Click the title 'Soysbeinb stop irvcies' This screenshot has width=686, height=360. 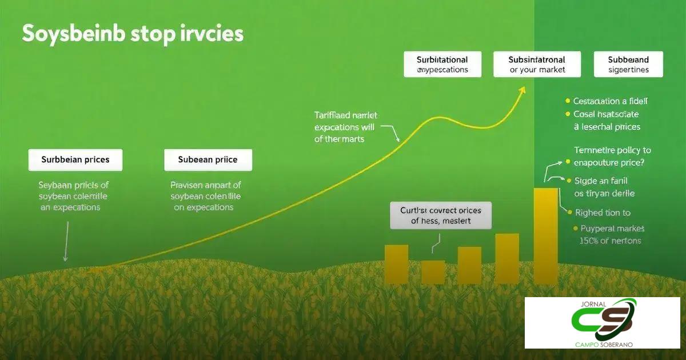[133, 34]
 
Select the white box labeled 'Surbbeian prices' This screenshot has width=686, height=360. [75, 160]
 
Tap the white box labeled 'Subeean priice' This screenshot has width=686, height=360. [208, 160]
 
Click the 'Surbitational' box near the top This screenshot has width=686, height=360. [442, 64]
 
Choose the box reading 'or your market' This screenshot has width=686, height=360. [537, 64]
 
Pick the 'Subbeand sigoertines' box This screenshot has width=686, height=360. [628, 64]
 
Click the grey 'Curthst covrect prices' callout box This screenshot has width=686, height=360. [440, 215]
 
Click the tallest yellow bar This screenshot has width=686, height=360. [545, 235]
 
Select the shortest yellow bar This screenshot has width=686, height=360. [433, 272]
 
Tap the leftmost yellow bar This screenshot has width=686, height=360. [396, 264]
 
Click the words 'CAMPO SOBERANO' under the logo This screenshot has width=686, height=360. [601, 344]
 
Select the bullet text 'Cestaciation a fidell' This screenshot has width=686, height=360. [611, 101]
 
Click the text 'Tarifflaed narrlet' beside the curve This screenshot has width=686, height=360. [345, 115]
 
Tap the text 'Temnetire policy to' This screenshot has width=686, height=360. [612, 150]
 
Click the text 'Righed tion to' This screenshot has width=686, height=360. [603, 213]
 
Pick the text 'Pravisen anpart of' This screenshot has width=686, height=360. [206, 185]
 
